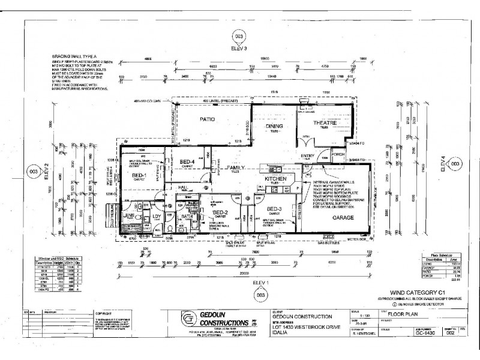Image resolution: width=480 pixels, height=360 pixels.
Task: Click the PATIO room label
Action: pos(208,119)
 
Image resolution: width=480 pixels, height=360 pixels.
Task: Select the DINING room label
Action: pos(274,126)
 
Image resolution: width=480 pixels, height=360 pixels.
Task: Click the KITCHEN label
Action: pos(275,179)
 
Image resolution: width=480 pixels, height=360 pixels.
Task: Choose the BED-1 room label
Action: pos(140,175)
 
